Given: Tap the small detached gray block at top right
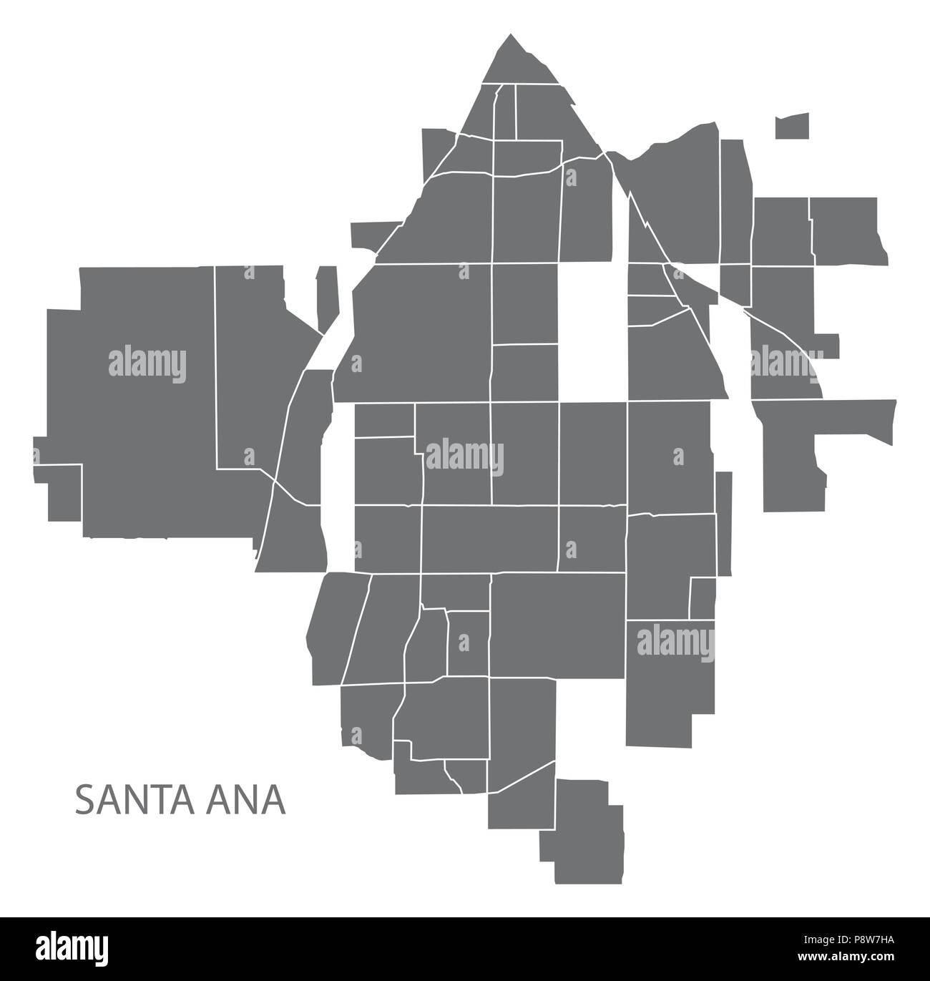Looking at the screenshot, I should coord(792,126).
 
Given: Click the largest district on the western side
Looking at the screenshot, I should coord(143,401).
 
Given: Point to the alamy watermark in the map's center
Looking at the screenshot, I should coord(465,457).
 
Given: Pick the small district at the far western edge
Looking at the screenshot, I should coord(57,494).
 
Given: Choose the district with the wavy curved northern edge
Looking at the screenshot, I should coord(672,193).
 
